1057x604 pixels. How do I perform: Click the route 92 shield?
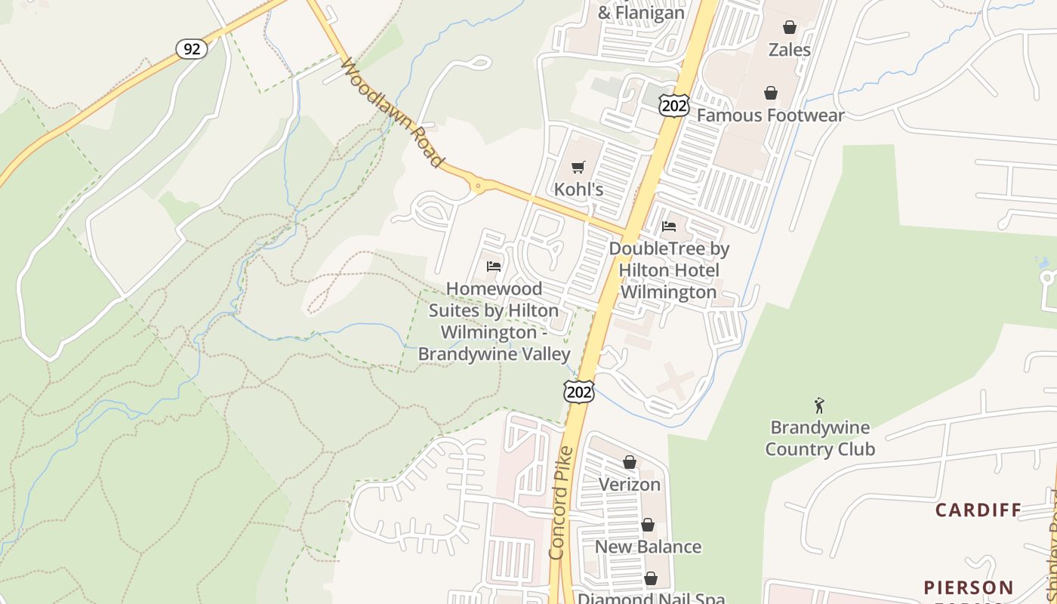click(x=192, y=49)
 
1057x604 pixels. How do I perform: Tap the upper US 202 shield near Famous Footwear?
click(x=673, y=106)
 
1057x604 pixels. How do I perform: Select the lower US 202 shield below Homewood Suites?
click(x=578, y=391)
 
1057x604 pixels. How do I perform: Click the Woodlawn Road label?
click(x=391, y=114)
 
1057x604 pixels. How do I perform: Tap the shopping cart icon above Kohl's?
click(x=578, y=167)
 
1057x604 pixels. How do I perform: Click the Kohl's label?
click(x=578, y=189)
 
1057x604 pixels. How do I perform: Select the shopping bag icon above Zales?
click(x=789, y=28)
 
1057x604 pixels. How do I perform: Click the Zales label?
click(x=789, y=50)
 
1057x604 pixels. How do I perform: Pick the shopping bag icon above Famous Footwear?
click(x=770, y=93)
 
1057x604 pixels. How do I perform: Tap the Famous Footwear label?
click(x=770, y=116)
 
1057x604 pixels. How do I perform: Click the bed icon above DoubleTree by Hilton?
click(x=668, y=226)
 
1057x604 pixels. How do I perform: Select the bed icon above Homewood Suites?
click(x=494, y=266)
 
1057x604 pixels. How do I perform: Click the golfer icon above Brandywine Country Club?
click(x=819, y=405)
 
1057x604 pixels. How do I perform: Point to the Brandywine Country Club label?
click(x=819, y=438)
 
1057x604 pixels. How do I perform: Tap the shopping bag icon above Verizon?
click(x=630, y=462)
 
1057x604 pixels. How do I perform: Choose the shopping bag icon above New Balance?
click(x=648, y=525)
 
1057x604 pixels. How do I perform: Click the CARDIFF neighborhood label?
click(x=978, y=510)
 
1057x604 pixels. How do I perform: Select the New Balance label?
click(x=648, y=547)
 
